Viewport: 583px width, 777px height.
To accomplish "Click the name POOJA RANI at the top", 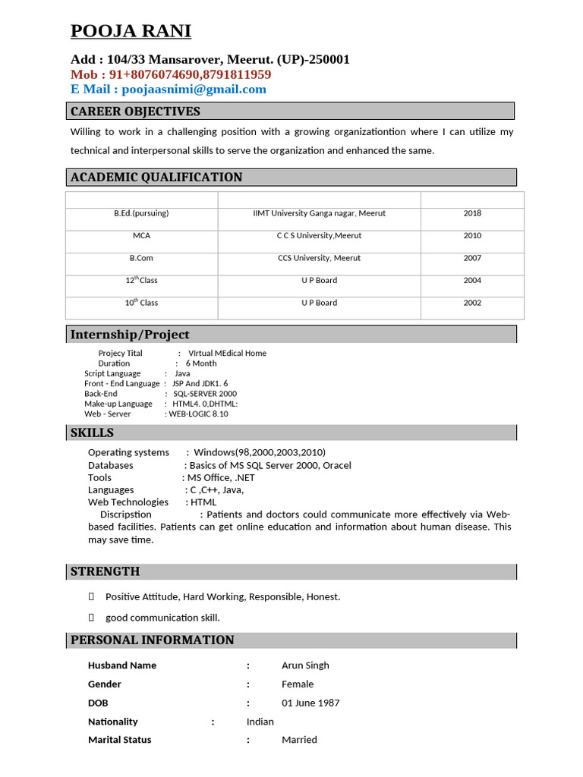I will click(x=131, y=31).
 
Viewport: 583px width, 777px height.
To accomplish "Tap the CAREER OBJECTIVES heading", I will click(x=135, y=112).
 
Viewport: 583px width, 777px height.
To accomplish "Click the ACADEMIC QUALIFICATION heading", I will click(x=156, y=178).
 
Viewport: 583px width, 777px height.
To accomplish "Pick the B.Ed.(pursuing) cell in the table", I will click(x=141, y=213).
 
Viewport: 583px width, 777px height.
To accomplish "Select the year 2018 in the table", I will click(x=472, y=213).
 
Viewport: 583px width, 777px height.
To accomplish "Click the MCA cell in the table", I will click(x=141, y=236).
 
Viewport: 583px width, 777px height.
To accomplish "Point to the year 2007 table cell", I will click(x=472, y=258).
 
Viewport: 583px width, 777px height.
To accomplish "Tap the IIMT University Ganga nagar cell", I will click(x=319, y=213).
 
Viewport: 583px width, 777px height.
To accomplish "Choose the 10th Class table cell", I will click(x=141, y=303).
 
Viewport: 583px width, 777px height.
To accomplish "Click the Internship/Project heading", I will click(x=130, y=335).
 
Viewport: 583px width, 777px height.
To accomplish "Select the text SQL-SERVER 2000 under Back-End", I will click(x=205, y=394).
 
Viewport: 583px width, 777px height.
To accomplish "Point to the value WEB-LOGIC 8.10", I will click(x=198, y=414).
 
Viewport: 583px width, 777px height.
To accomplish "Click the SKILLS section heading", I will click(x=92, y=433).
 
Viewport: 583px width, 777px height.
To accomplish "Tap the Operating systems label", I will click(x=128, y=452).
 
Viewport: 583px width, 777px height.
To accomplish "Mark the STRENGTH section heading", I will click(x=105, y=571).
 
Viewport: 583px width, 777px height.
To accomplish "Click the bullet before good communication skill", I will click(x=92, y=618).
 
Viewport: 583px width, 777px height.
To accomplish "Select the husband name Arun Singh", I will click(x=305, y=665).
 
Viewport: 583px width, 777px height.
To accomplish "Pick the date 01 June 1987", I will click(x=310, y=703).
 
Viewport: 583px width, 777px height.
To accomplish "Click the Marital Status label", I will click(x=119, y=740).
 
